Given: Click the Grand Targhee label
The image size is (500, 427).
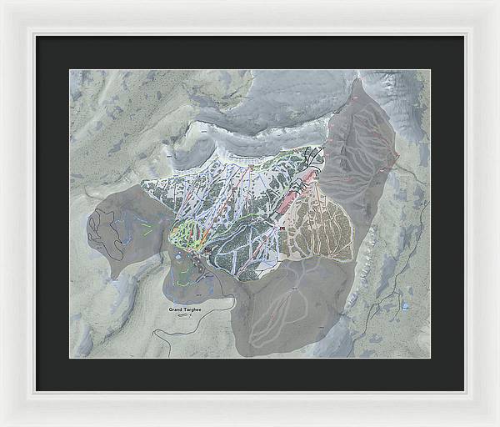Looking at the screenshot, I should [x=185, y=309].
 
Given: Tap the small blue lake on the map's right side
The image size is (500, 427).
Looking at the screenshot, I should [x=405, y=307].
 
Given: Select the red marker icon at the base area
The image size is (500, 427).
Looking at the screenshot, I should [x=207, y=249].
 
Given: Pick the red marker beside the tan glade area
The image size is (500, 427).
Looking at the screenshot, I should [x=282, y=227].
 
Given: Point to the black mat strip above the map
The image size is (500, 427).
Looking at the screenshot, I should [x=250, y=52].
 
